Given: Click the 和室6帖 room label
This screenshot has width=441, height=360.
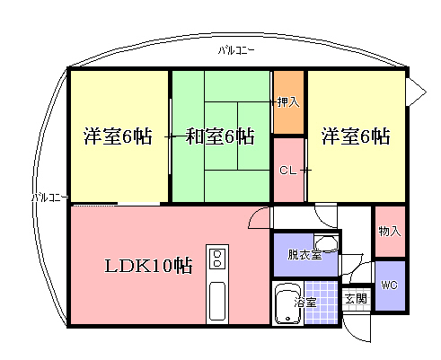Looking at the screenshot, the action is tap(220, 136).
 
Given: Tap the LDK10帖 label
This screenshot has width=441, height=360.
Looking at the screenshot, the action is tap(148, 266).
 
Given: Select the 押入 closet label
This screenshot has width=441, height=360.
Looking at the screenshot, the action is tap(288, 102).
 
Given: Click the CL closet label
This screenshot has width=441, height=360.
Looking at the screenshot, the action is tap(288, 171).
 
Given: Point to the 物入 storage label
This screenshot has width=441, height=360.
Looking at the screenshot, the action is tap(390, 231).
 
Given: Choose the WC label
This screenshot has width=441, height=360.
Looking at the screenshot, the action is tap(390, 285).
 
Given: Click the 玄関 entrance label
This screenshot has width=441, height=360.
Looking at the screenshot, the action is tap(356, 299).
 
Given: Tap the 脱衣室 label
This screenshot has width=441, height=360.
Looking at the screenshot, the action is tap(304, 255).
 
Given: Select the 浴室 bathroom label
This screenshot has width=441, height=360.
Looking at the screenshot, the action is tap(305, 303).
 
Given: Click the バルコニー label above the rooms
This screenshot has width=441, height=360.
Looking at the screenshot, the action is tap(236, 50).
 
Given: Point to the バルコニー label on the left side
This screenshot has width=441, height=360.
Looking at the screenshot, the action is tap(49, 198).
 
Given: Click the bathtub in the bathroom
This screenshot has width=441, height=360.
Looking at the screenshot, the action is tap(287, 304).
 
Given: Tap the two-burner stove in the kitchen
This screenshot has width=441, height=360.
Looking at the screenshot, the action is tap(217, 259).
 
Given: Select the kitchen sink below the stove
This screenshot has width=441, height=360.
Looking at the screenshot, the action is tap(217, 301).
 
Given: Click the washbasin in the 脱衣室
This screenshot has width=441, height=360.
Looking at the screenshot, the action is tap(326, 243).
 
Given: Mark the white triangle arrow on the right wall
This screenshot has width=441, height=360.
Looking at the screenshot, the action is tap(416, 92).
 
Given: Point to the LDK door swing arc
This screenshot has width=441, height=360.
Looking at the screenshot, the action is tap(257, 217).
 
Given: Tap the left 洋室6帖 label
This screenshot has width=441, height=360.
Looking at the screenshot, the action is tap(118, 136).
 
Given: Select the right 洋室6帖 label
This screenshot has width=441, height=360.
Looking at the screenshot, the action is tap(356, 136).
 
